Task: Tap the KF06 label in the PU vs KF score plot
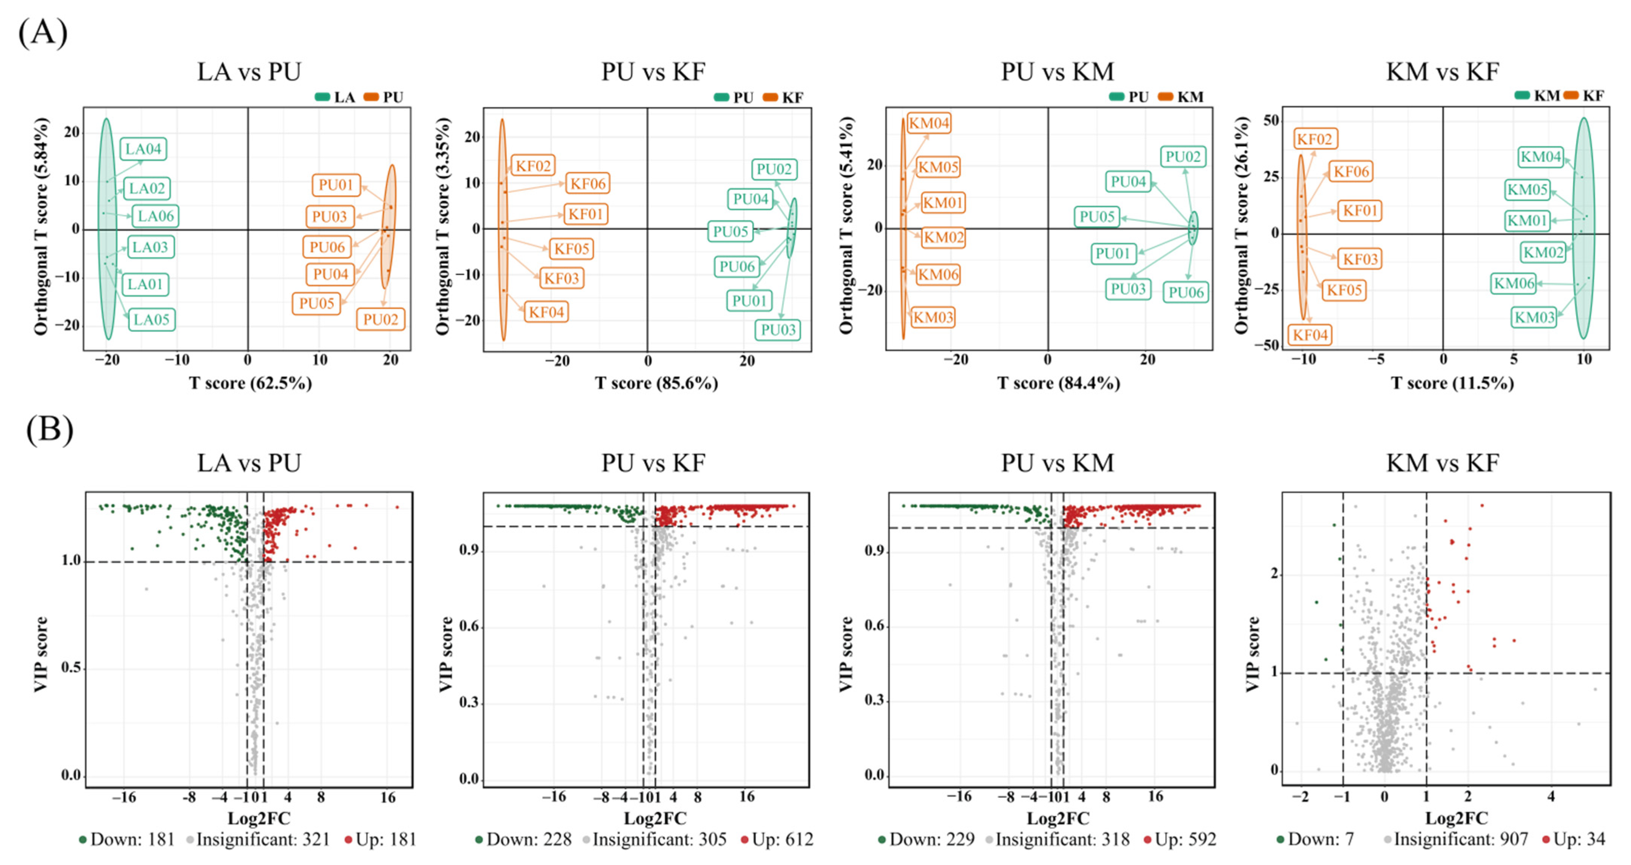(x=587, y=183)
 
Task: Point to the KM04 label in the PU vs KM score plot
(x=929, y=123)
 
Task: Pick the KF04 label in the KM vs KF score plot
(x=1310, y=335)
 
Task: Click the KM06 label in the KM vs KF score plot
(x=1514, y=283)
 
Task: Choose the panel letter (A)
(x=42, y=32)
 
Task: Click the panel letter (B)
(x=49, y=429)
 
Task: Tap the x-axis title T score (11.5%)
(x=1452, y=383)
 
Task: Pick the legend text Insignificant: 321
(x=263, y=840)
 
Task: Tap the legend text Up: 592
(x=1185, y=840)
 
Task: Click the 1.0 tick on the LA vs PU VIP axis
(x=71, y=560)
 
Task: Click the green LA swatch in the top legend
(x=322, y=97)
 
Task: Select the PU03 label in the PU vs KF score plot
(x=777, y=330)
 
